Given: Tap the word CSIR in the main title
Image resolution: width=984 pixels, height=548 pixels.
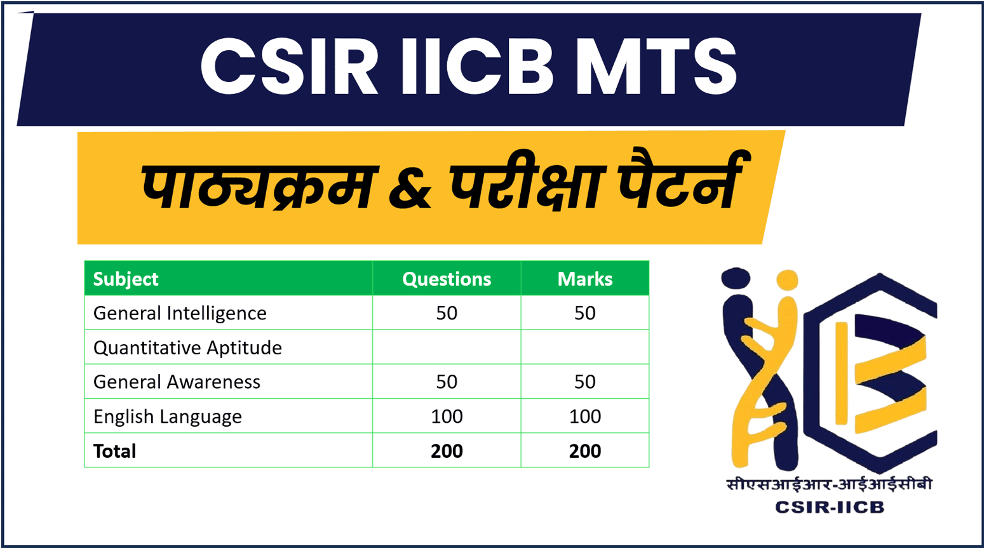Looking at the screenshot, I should [290, 67].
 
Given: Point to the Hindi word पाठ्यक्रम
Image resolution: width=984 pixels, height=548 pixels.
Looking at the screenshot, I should [257, 187].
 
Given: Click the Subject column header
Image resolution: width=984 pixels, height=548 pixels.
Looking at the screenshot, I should [126, 279].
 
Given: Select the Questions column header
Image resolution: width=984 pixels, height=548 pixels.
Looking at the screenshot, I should [447, 279].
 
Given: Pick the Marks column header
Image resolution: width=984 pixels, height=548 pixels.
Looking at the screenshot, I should [584, 279].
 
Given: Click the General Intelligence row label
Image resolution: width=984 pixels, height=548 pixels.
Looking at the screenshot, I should [180, 313].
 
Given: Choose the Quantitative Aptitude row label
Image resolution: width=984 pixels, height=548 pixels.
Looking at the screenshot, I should [187, 347].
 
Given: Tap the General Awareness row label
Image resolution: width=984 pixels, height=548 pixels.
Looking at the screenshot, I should [177, 382].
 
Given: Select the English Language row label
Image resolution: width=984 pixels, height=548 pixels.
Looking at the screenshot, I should [168, 417].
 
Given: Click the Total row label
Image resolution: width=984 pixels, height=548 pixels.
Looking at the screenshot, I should [114, 451].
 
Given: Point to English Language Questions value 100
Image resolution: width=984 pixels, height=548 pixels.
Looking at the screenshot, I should [447, 417].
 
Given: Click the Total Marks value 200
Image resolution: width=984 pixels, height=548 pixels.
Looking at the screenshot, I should [584, 451].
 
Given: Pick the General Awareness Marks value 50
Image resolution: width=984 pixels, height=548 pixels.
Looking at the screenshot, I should [584, 382].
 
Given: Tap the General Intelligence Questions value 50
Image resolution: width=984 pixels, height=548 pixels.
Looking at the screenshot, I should [447, 313].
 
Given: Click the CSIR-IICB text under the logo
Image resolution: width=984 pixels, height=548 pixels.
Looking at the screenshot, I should [829, 507].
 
